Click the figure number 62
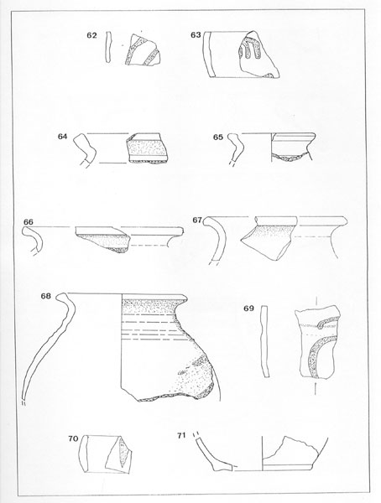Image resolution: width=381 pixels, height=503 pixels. coord(91,35)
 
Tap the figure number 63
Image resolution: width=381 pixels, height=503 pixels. coord(196,35)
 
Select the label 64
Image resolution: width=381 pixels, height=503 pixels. coord(63,137)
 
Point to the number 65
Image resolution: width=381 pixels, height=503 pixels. coord(218,137)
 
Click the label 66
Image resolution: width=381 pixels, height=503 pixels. coord(29,222)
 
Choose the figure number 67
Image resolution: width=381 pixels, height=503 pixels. coord(197,220)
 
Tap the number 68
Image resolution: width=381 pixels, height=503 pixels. coord(45,296)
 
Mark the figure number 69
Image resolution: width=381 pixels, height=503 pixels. coord(248,309)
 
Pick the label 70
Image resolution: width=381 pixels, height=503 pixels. coord(73,438)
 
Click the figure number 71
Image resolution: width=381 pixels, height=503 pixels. coord(181,435)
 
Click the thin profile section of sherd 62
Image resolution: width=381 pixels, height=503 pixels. coord(108,47)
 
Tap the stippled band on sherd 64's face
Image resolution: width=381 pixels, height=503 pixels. coord(147,148)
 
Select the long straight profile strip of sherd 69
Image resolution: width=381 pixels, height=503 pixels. coord(264,342)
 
